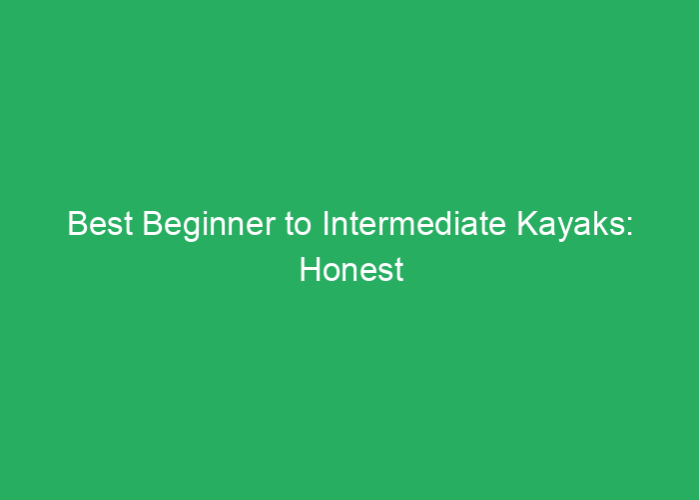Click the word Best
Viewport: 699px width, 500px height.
[100, 223]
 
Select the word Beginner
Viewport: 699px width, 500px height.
[209, 226]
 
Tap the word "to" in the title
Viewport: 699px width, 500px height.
[299, 224]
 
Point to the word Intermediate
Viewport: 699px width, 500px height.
[414, 223]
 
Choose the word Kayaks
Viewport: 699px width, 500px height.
[570, 226]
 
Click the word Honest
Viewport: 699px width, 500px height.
[351, 269]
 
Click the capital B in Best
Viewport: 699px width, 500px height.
[77, 223]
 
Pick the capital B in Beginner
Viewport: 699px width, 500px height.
[152, 223]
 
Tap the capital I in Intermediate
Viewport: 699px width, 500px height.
[326, 223]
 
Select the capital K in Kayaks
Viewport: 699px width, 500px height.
[528, 223]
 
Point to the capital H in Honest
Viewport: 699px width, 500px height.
[311, 269]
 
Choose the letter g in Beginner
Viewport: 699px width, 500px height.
[192, 229]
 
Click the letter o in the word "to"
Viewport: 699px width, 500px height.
[304, 227]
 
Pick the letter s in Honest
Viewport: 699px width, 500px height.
[387, 272]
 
